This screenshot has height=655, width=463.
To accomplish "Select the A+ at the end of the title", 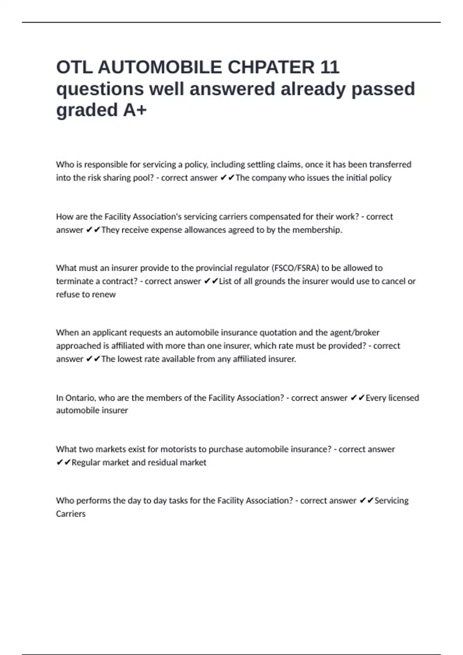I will point(135,110).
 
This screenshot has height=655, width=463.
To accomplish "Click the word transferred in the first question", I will point(390,165).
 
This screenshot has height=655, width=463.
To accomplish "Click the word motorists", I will point(178,449).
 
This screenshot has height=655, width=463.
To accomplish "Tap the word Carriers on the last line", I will point(71,514).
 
